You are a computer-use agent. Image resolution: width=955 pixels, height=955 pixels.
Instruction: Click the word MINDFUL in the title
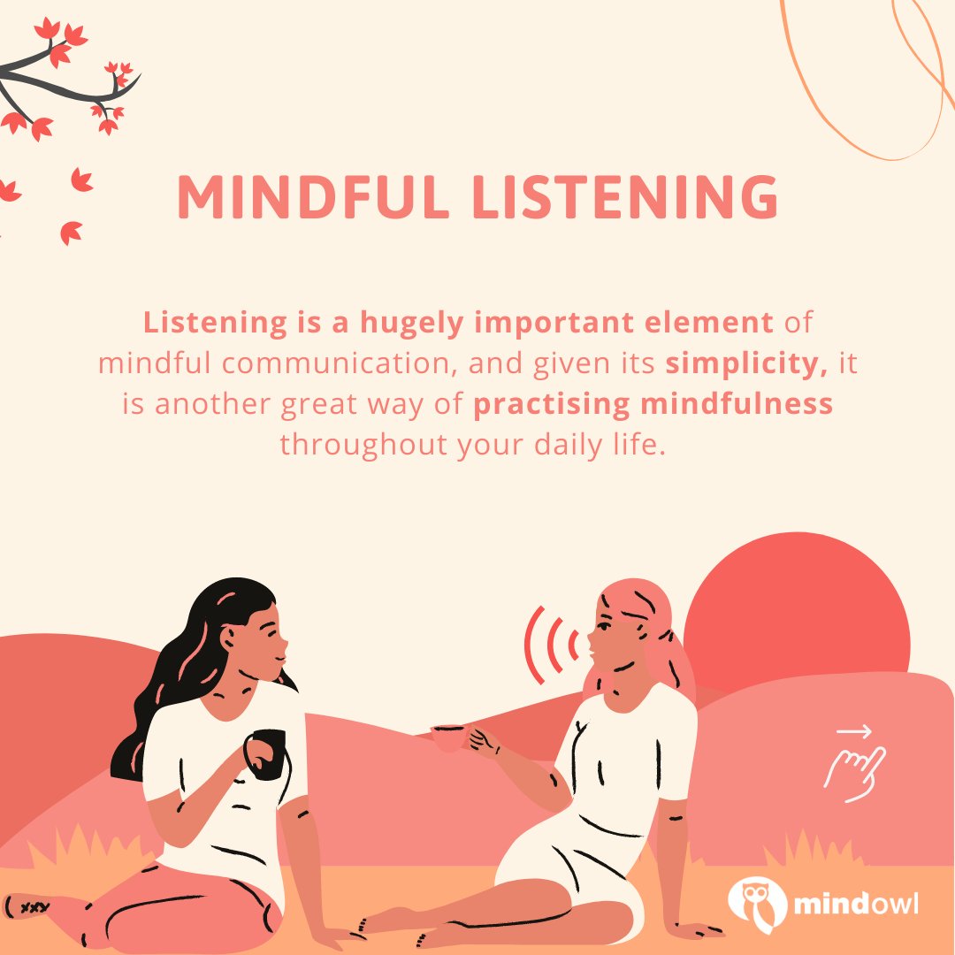pos(306,196)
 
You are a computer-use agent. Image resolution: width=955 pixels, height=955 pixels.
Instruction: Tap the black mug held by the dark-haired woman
pos(265,752)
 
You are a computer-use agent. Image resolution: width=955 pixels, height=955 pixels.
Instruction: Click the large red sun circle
pos(796,610)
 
